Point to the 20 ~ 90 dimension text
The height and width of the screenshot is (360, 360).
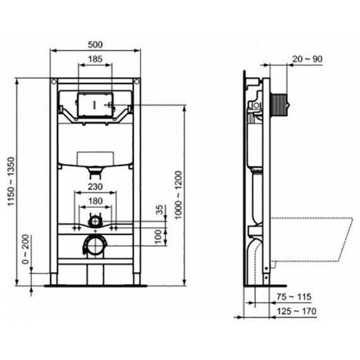click(x=308, y=59)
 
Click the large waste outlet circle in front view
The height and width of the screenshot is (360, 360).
click(x=93, y=245)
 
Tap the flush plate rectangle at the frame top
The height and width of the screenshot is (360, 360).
click(x=93, y=104)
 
